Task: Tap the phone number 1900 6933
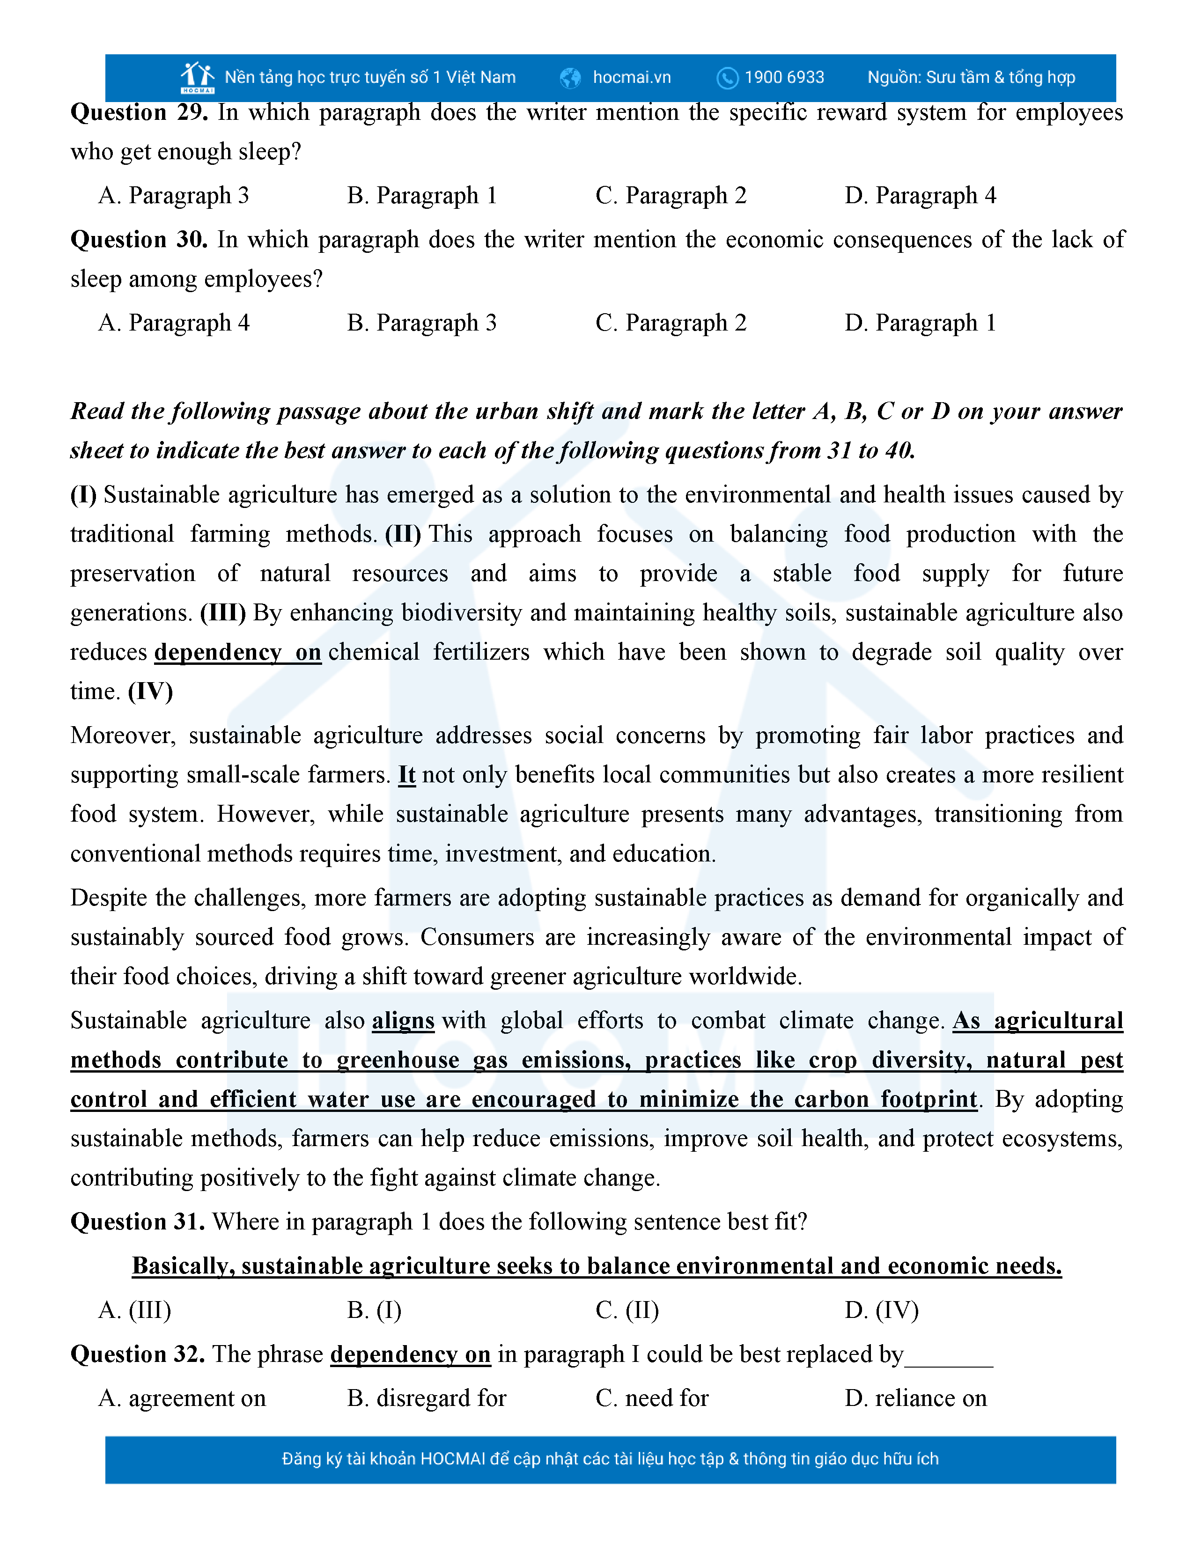784,77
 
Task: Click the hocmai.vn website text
632,77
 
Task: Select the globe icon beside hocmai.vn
570,78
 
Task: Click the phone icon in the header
727,78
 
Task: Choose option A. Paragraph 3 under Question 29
174,195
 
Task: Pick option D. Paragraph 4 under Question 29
920,195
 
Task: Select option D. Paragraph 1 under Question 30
920,323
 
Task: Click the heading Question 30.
139,240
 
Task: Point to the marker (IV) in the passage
151,691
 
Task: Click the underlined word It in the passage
407,775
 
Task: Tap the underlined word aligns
403,1020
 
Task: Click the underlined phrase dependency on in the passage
238,652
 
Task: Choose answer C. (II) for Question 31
627,1310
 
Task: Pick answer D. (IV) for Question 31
881,1310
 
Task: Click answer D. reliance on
916,1398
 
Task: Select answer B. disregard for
427,1398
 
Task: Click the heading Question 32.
138,1354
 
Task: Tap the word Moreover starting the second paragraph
122,736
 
